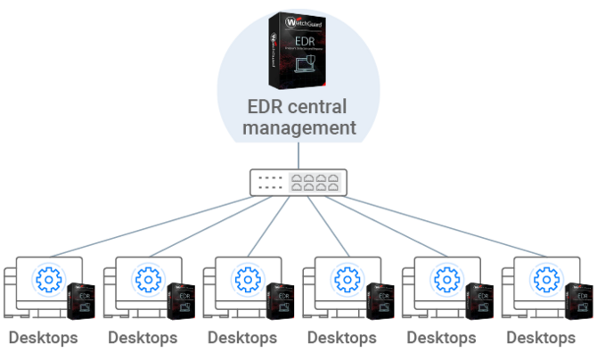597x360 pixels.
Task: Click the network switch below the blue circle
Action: coord(299,183)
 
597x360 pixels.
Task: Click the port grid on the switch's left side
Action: coord(270,183)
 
